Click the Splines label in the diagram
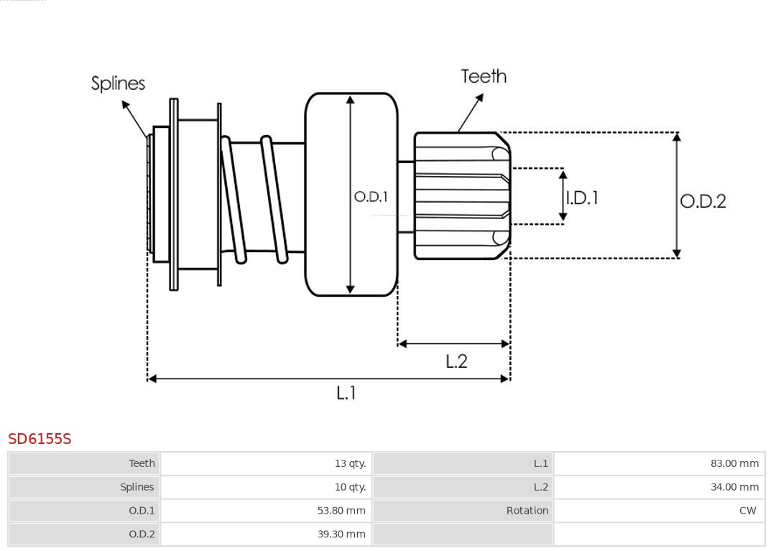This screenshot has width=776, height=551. [x=118, y=83]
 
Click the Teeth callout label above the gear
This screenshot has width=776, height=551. [x=484, y=76]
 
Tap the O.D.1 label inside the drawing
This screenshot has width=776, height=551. [x=371, y=197]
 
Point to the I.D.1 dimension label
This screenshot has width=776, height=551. [x=582, y=198]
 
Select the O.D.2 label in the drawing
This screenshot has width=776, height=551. [x=703, y=201]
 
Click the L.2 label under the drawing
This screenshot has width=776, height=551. [x=456, y=361]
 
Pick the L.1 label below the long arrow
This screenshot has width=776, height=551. [x=346, y=393]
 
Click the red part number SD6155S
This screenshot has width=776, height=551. [x=40, y=438]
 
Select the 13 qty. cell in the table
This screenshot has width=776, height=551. [x=350, y=463]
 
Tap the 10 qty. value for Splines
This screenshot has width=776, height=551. [x=350, y=487]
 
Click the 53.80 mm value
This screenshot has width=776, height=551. [x=341, y=511]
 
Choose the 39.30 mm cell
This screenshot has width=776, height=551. [x=341, y=534]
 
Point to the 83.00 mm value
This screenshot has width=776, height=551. [x=734, y=463]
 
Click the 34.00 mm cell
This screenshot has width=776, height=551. [x=734, y=487]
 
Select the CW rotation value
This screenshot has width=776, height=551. [x=747, y=511]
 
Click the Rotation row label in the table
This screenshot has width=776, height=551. [x=527, y=511]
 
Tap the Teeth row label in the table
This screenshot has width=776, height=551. [x=142, y=463]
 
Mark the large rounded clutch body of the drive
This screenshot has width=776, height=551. [x=351, y=144]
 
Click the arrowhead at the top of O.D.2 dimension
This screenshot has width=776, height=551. [x=676, y=136]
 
